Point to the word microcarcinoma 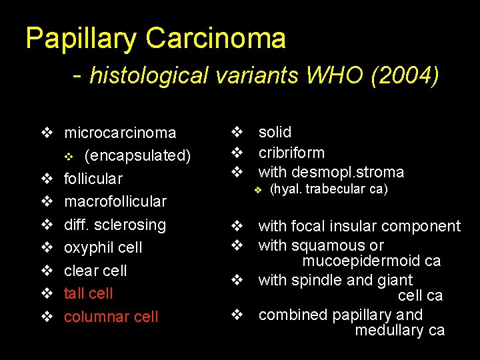click(x=120, y=133)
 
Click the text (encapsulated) click(x=138, y=155)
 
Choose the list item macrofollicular click(x=115, y=201)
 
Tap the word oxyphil click(x=87, y=247)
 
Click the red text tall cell click(x=88, y=293)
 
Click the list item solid click(x=275, y=132)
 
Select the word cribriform click(x=291, y=152)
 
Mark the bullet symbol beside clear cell click(x=47, y=271)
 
